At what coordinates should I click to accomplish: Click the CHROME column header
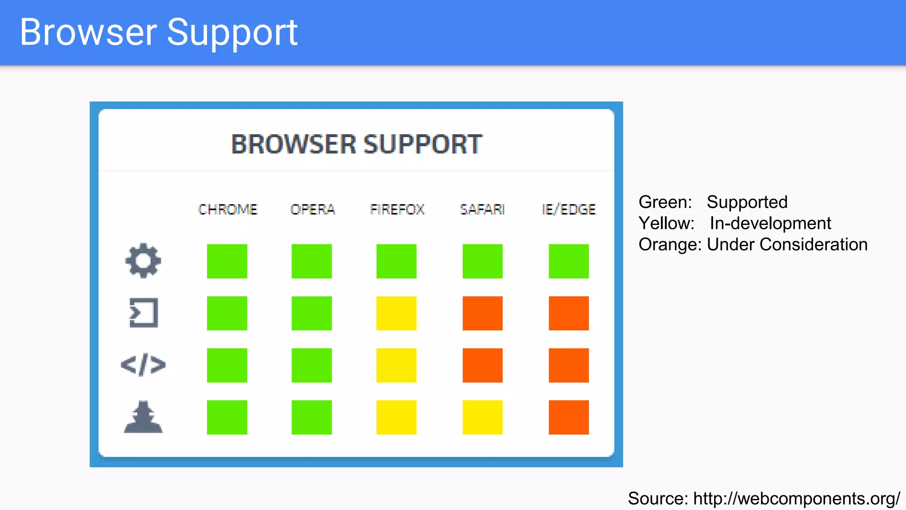[x=227, y=209]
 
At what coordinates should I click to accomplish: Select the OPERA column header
[x=312, y=209]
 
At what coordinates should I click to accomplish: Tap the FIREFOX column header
[x=397, y=209]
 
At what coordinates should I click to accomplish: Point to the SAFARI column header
[x=482, y=209]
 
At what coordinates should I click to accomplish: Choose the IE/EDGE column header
[x=569, y=209]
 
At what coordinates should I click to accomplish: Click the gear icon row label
[x=143, y=261]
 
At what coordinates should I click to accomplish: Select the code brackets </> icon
[x=143, y=365]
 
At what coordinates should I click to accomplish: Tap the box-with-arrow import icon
[x=143, y=313]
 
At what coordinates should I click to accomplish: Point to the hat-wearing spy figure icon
[x=143, y=417]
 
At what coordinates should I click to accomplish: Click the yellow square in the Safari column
[x=482, y=417]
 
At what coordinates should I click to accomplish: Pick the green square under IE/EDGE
[x=569, y=261]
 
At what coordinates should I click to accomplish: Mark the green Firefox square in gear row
[x=396, y=261]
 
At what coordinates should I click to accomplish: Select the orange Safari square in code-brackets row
[x=482, y=365]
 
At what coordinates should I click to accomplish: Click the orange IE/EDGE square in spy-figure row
[x=569, y=417]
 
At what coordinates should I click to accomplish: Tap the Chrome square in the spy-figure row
[x=227, y=417]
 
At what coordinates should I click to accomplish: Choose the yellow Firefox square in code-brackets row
[x=396, y=365]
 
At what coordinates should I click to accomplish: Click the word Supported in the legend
[x=747, y=202]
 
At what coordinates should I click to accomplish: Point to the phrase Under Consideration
[x=787, y=244]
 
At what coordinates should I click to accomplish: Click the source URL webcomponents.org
[x=796, y=498]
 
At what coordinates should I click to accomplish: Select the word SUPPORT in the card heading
[x=422, y=144]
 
